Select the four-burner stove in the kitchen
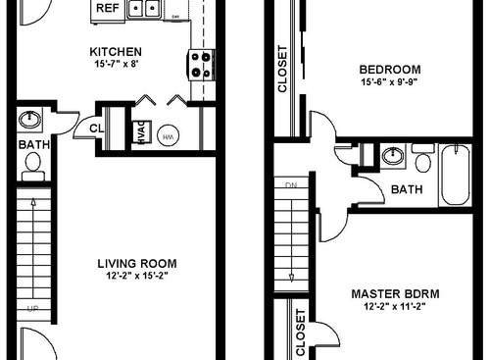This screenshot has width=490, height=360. point(201,64)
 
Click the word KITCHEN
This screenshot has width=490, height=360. point(116,51)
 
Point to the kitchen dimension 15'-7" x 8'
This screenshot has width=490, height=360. point(116,64)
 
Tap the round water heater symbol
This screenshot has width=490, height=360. point(168,136)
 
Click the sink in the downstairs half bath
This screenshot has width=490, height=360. point(30,120)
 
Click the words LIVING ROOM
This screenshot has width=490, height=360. point(136,263)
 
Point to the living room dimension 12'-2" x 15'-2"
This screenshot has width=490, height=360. point(136,276)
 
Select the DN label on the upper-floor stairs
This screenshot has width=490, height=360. point(290,184)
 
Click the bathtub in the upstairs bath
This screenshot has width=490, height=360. point(456,175)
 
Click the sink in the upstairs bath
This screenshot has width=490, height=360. point(393,156)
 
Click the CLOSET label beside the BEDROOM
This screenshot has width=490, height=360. point(283,70)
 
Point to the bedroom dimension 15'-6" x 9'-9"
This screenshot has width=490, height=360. point(389,82)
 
